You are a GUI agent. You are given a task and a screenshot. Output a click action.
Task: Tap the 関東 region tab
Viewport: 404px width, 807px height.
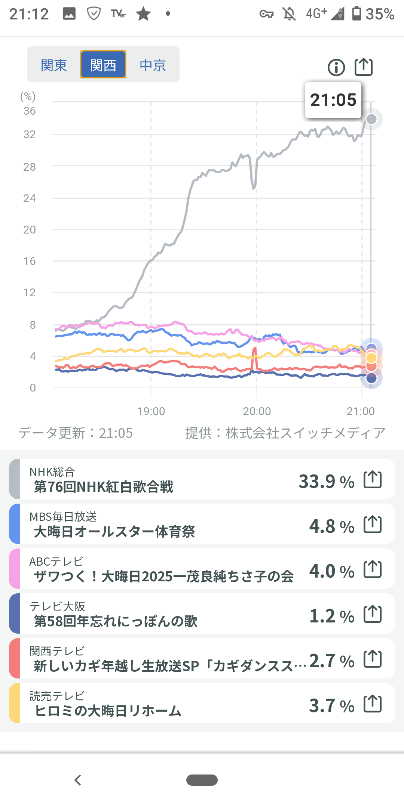54,65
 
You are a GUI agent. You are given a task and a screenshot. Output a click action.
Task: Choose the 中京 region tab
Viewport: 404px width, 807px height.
153,65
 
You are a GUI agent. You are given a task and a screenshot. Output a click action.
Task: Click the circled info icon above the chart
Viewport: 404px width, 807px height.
336,68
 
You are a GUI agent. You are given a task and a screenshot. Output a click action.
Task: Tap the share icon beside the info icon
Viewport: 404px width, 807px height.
364,67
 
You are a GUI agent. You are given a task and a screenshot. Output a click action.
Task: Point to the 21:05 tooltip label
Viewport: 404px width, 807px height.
333,100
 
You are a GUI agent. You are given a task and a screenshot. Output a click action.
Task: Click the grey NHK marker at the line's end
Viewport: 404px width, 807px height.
371,119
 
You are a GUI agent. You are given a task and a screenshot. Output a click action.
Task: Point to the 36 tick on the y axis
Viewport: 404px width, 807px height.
30,111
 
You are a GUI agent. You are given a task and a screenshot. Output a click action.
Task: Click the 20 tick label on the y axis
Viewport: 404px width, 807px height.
30,230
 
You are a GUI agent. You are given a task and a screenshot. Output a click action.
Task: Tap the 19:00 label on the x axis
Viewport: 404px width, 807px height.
151,411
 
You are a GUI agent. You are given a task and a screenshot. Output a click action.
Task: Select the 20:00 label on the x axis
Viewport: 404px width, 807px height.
257,411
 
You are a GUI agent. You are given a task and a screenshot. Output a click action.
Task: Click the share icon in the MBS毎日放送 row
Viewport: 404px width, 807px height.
373,524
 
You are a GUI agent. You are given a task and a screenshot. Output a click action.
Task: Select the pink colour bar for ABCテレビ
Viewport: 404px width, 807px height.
15,569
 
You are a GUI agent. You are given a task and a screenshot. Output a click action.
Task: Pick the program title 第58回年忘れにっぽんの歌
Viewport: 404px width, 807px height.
116,621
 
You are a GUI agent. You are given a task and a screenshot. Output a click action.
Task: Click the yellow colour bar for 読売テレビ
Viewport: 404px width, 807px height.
15,703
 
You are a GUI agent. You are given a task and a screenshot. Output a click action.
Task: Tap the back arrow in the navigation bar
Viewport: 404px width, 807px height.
78,780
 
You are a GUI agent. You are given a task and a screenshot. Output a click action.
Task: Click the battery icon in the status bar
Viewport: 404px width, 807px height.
357,13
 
